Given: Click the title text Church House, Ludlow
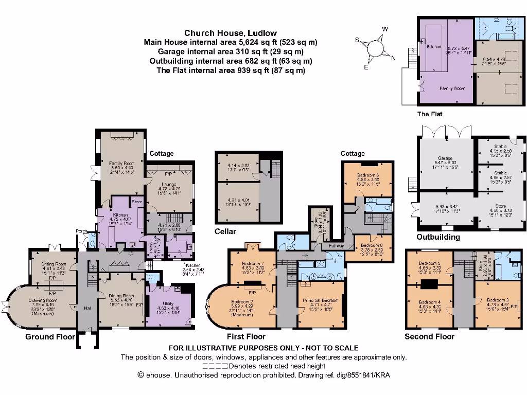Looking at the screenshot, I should click(x=231, y=33).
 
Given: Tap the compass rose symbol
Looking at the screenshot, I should click(x=376, y=47).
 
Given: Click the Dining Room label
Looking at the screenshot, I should click(x=121, y=296).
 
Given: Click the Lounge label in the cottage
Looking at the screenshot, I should click(x=169, y=184).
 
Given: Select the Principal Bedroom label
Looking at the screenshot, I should click(x=320, y=300).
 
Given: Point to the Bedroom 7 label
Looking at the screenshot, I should click(x=252, y=263).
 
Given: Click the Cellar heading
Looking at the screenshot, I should click(x=225, y=232).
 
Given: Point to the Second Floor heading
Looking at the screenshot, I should click(x=429, y=336).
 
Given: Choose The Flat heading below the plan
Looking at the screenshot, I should click(x=429, y=114).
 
